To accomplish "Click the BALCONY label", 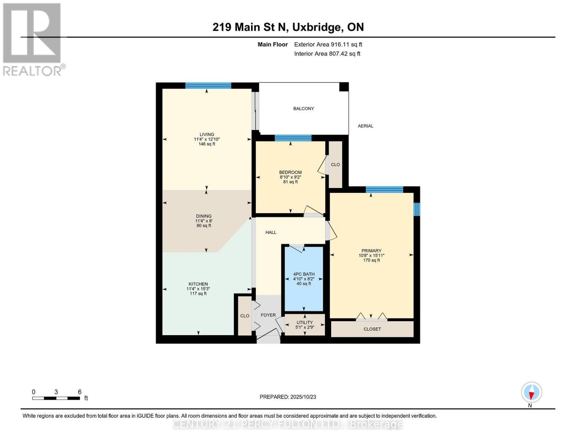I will [x=303, y=109].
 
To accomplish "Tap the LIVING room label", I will [x=207, y=135].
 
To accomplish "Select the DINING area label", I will [x=204, y=216].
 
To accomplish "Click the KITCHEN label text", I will [x=198, y=284].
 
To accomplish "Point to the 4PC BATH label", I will [x=304, y=274].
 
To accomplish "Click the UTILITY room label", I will [x=305, y=323].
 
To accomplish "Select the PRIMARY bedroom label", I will [x=371, y=251].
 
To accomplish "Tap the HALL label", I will [x=271, y=233].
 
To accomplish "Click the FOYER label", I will [x=268, y=315].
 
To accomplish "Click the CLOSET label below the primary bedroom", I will [x=372, y=329].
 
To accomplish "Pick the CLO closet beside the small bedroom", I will [x=335, y=165].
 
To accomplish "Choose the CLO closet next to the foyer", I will [x=245, y=316].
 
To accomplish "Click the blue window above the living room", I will [x=208, y=86].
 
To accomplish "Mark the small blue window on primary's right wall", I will [x=417, y=209].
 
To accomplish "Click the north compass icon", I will [x=531, y=392].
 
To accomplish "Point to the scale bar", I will [x=56, y=398].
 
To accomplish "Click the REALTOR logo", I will [x=33, y=39].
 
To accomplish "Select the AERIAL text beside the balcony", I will [x=365, y=126].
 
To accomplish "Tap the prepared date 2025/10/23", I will [x=288, y=397].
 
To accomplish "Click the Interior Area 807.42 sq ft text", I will [x=327, y=54].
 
